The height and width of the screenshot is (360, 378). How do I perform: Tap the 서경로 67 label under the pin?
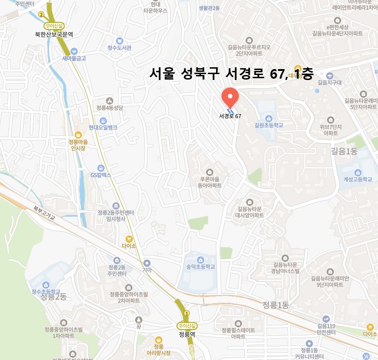click(230, 116)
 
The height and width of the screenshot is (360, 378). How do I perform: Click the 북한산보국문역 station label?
click(54, 34)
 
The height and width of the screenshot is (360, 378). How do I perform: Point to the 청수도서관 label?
click(119, 48)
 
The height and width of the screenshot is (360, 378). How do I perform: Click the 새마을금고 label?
click(74, 58)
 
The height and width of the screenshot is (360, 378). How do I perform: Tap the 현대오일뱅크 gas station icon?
click(103, 120)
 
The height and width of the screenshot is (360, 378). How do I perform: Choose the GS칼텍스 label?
click(101, 175)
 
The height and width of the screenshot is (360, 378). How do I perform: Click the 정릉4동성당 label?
click(110, 108)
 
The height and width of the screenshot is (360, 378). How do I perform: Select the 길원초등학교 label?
click(269, 125)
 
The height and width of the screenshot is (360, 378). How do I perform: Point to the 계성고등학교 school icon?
click(358, 172)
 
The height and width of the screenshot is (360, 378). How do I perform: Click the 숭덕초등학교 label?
click(197, 267)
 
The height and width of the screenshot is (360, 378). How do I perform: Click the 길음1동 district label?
click(344, 152)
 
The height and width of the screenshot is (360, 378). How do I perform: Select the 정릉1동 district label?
click(276, 305)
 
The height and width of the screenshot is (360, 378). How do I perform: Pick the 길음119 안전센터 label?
click(326, 329)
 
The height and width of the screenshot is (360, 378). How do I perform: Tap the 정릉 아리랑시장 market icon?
click(159, 340)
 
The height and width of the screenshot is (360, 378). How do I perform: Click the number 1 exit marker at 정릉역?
click(186, 314)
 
